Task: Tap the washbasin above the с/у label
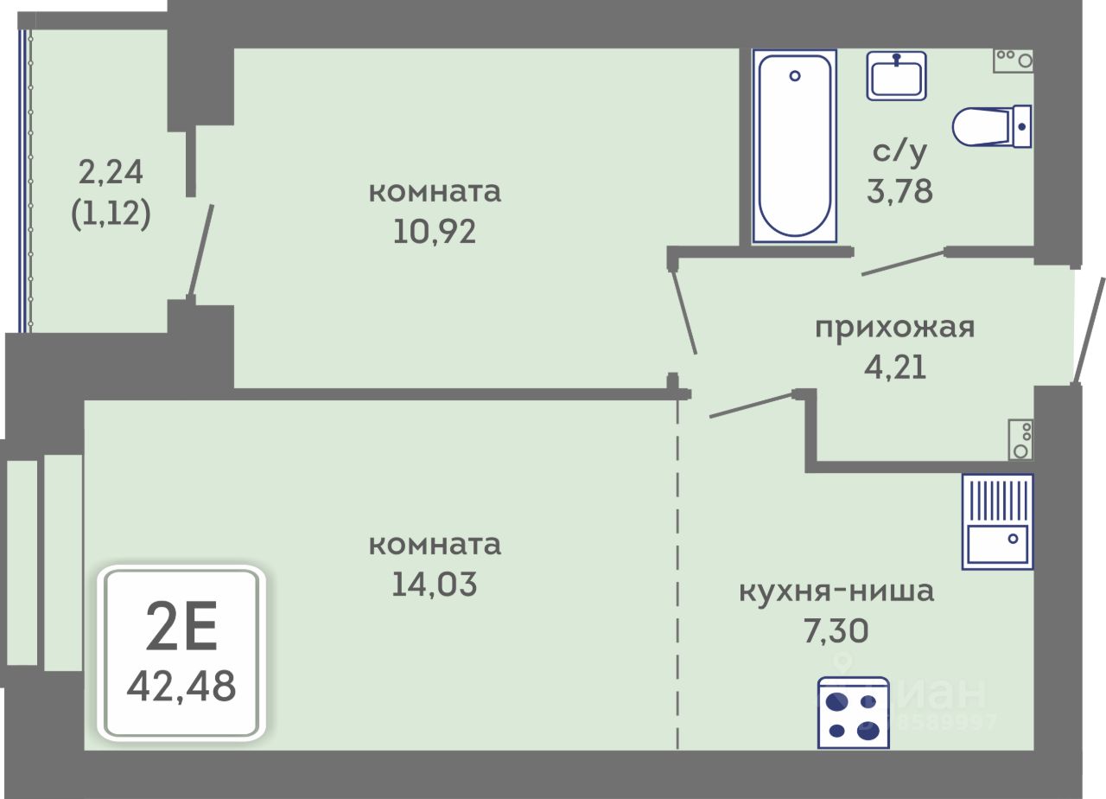click(898, 75)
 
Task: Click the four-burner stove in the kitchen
click(853, 713)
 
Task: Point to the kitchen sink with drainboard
click(997, 521)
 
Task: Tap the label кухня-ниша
click(836, 592)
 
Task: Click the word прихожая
click(895, 328)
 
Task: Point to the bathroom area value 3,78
click(899, 190)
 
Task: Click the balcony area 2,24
click(111, 172)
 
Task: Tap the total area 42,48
click(181, 687)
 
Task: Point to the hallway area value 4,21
click(895, 368)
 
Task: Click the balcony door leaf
click(200, 251)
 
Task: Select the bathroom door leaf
click(903, 263)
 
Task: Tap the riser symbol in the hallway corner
click(1020, 439)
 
